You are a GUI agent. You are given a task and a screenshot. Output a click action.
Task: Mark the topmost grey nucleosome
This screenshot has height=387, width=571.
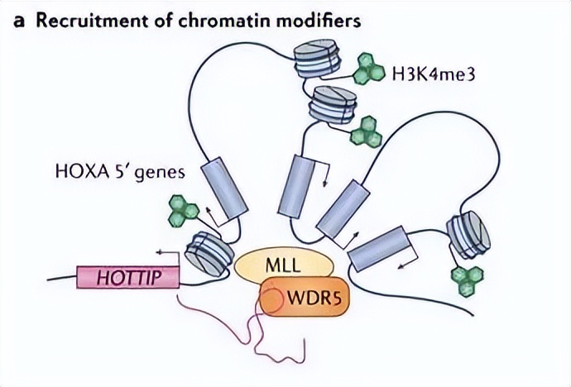tap(316, 60)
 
